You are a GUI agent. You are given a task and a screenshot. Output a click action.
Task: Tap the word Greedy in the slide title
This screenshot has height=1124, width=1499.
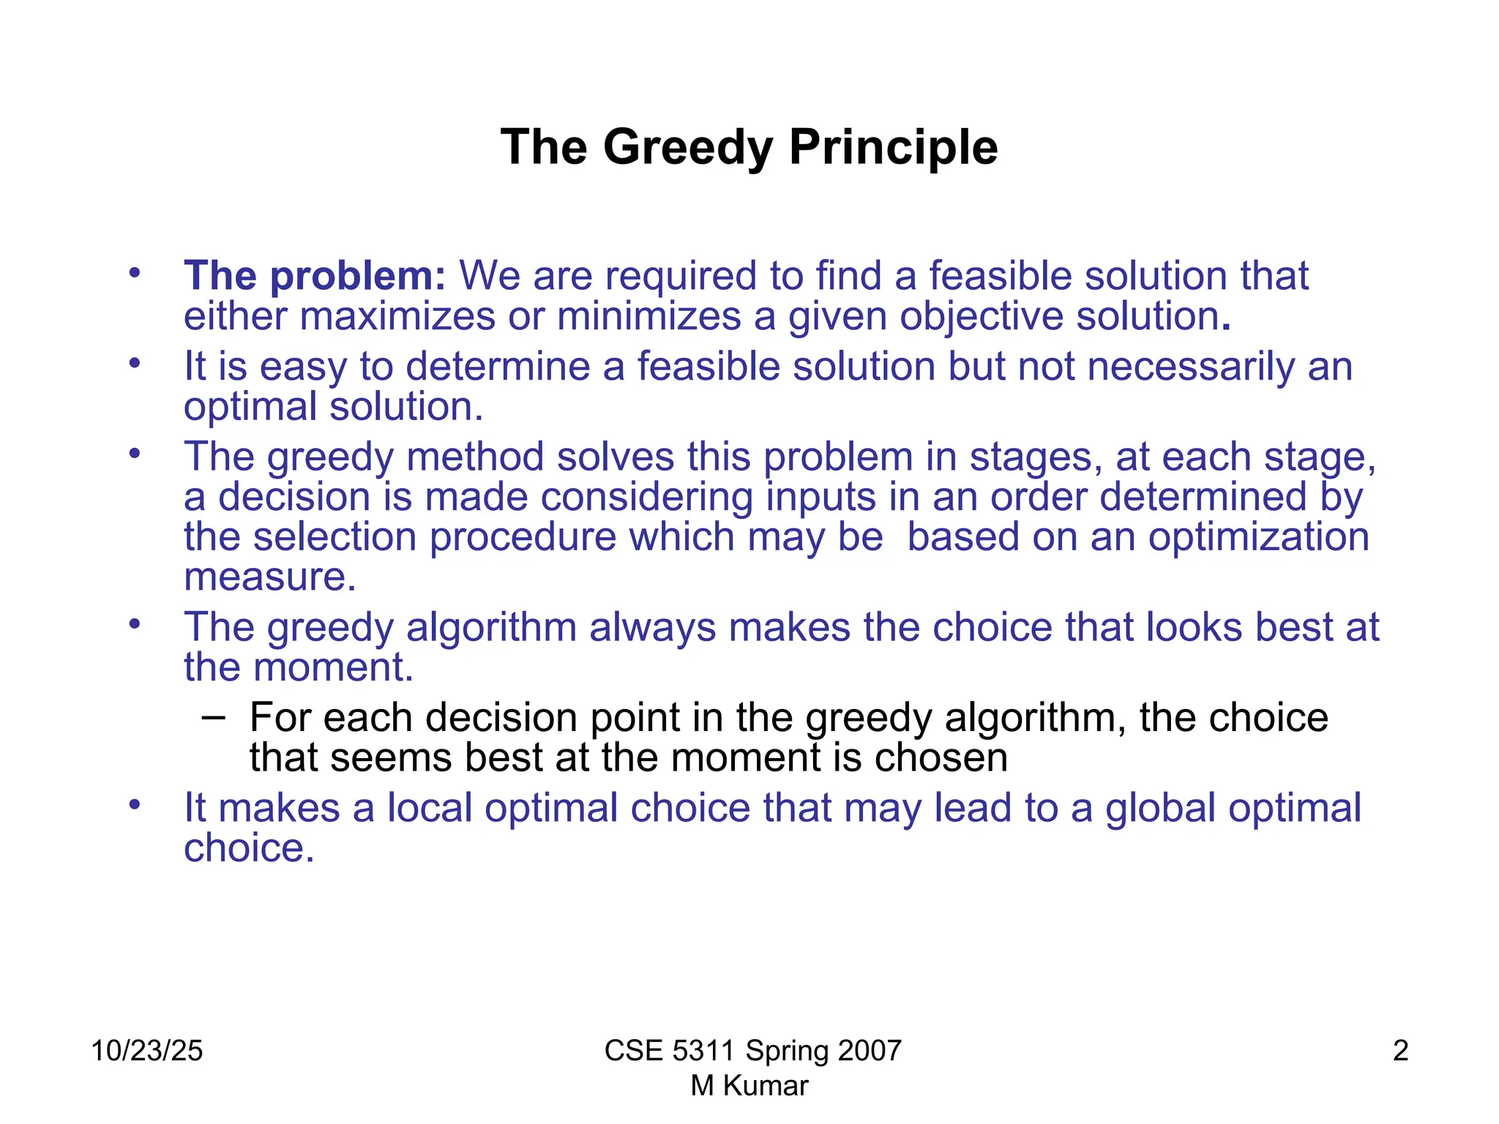point(688,149)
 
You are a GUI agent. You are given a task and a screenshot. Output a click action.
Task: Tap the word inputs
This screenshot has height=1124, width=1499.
point(820,498)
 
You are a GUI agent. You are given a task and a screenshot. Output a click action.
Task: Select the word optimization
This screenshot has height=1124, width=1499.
point(1258,537)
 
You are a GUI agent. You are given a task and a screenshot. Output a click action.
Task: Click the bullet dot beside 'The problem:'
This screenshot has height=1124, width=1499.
point(133,274)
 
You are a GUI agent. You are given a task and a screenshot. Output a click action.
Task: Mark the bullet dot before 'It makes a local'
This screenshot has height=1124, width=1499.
point(133,805)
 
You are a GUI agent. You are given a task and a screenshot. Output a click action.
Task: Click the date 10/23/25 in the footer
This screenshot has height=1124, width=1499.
point(147,1051)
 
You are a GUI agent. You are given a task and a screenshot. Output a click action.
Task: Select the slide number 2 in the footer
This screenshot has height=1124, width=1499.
point(1400,1051)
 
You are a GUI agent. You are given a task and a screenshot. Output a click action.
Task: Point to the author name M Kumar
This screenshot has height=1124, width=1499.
point(749,1086)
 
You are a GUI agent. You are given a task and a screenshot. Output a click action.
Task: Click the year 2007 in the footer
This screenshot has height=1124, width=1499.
point(869,1051)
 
